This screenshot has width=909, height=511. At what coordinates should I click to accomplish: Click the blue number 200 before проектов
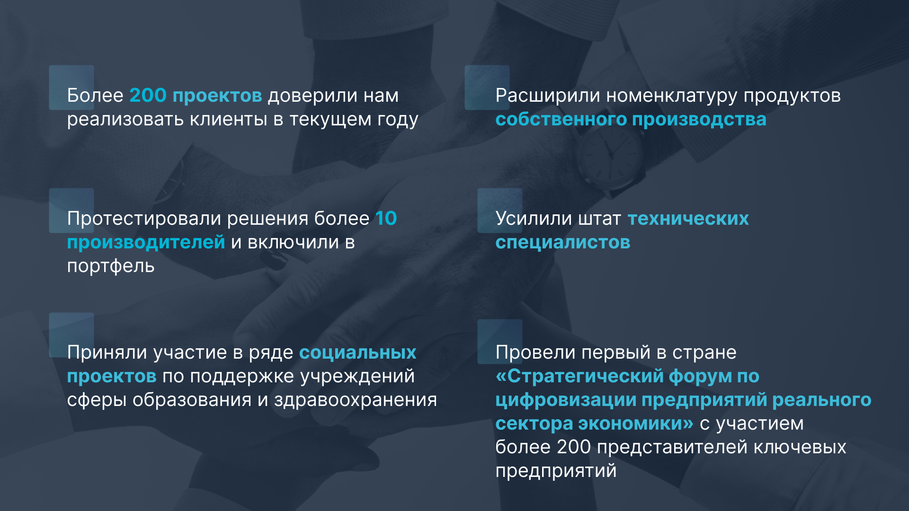point(148,95)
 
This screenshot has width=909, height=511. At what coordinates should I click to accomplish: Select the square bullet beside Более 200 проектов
point(71,88)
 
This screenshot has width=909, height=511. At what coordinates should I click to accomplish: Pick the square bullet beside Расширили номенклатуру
point(487,88)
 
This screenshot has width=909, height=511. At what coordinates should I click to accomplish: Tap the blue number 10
point(386,218)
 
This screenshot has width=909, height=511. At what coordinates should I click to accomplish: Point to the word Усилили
point(534,219)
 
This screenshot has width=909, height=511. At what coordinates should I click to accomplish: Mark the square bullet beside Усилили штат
point(500,211)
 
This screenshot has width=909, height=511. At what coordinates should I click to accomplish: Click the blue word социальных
point(358,352)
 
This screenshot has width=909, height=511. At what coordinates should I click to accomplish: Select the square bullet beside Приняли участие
point(71,335)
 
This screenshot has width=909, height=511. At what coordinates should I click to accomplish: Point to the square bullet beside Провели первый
point(500,342)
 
